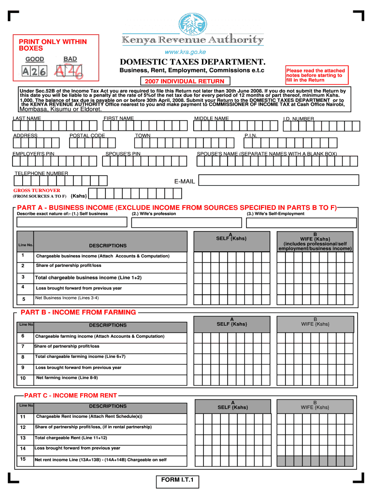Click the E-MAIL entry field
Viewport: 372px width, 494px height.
(279, 180)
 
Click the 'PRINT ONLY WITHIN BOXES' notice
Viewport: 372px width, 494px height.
(53, 45)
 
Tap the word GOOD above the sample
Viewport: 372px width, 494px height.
(35, 59)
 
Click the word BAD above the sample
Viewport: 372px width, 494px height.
(70, 59)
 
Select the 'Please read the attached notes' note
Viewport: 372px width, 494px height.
(315, 75)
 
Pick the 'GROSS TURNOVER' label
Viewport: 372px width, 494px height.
(37, 191)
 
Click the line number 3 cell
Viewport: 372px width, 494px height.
(23, 277)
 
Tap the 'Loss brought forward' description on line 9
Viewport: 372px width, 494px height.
(78, 368)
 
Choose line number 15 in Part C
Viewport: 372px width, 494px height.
(23, 459)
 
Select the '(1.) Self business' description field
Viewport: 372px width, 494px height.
(72, 222)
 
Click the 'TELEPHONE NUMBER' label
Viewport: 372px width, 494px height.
(41, 173)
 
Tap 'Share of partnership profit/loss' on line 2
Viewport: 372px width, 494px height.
(69, 266)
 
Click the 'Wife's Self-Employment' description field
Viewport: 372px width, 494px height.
(301, 222)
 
